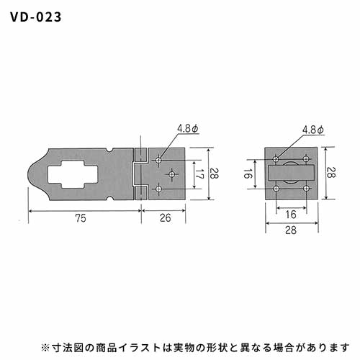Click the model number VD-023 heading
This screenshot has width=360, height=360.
[x=36, y=17]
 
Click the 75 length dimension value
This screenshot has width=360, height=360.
[x=81, y=218]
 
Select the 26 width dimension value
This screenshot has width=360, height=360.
[x=166, y=218]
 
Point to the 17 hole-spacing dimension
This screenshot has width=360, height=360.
[x=199, y=174]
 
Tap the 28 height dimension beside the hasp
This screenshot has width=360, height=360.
[x=214, y=174]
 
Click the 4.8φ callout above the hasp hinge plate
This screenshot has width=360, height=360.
[x=188, y=129]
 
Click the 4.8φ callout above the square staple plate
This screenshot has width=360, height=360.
[x=313, y=130]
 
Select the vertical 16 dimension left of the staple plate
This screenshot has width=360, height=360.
[x=248, y=174]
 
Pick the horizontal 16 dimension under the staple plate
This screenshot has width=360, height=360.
[x=291, y=215]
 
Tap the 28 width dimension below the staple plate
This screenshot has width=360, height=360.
[x=291, y=230]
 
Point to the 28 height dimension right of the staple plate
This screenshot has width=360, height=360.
[x=330, y=172]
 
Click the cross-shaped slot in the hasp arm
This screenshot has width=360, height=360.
[x=73, y=174]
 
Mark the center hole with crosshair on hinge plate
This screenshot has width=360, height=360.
[x=171, y=174]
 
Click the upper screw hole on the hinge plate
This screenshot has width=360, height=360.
[x=158, y=160]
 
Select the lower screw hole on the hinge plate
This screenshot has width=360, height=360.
[x=158, y=189]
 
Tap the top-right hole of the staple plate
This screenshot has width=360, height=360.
[x=306, y=159]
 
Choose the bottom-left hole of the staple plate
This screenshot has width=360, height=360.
[x=276, y=189]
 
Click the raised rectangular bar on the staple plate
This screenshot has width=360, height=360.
[x=291, y=173]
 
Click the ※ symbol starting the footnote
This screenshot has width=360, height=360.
[x=45, y=348]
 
